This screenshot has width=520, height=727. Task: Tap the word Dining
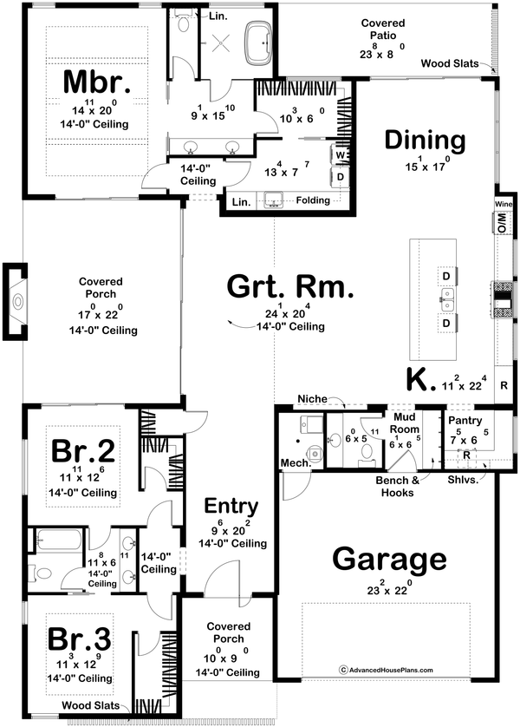426,141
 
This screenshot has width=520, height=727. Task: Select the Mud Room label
404,422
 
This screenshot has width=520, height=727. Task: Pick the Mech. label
292,464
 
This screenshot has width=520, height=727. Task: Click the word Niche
312,399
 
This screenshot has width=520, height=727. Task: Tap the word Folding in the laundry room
313,200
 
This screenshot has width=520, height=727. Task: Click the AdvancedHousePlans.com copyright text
387,670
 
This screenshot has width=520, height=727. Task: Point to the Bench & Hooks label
398,486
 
